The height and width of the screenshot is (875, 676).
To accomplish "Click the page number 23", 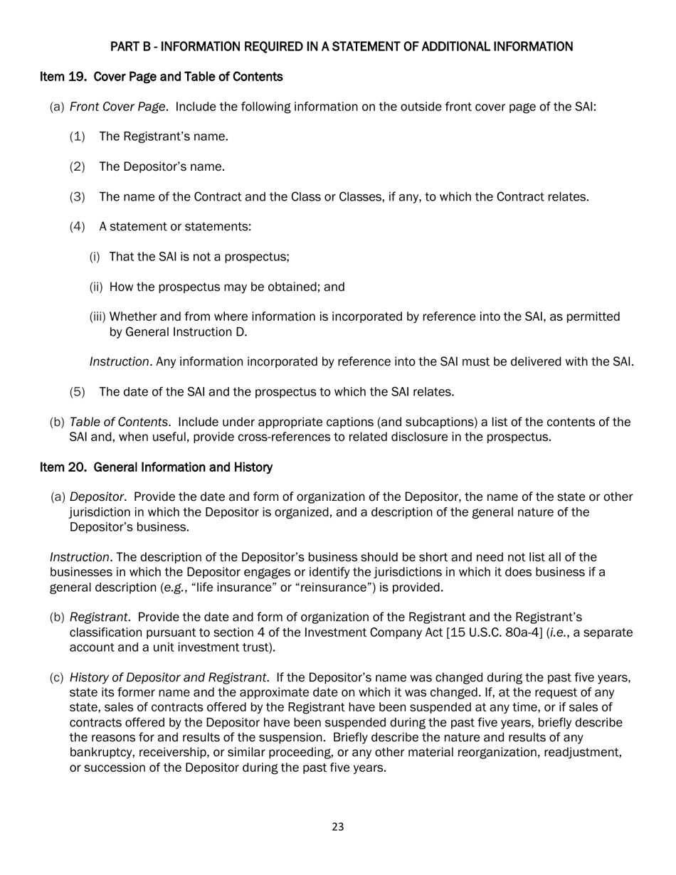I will (x=338, y=827).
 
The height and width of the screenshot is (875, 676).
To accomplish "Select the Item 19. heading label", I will (x=64, y=77).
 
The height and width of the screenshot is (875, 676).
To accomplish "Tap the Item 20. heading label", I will (x=64, y=467).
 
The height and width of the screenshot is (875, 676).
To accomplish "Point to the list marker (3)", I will (x=78, y=197).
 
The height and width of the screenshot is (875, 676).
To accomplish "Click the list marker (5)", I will (x=78, y=392).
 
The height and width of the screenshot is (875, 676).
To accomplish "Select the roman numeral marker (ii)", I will (x=96, y=287).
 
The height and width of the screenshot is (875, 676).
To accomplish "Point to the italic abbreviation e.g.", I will (x=170, y=588).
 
